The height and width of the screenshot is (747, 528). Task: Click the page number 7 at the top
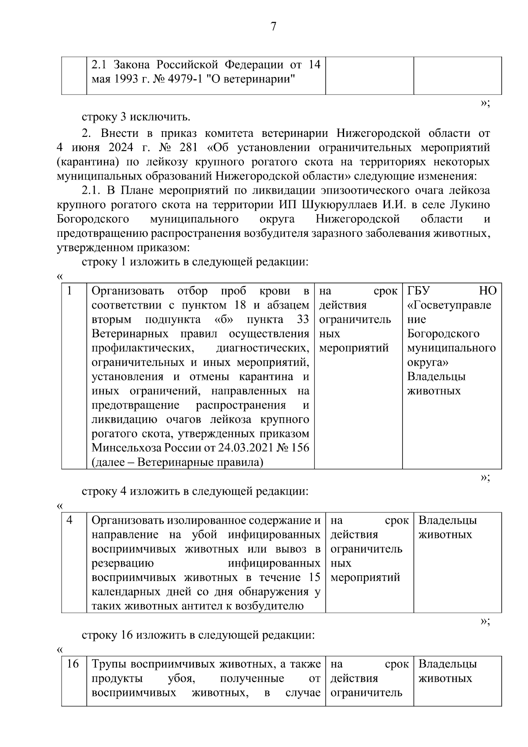pyautogui.click(x=273, y=27)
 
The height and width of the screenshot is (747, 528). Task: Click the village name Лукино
pyautogui.click(x=471, y=205)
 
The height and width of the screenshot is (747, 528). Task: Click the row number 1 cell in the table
pyautogui.click(x=70, y=291)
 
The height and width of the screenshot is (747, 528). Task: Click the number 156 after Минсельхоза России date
pyautogui.click(x=300, y=448)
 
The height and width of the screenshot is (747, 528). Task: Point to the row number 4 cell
pyautogui.click(x=70, y=520)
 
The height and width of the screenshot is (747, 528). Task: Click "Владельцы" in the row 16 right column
pyautogui.click(x=447, y=664)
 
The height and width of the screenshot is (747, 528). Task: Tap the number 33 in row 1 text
pyautogui.click(x=303, y=320)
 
